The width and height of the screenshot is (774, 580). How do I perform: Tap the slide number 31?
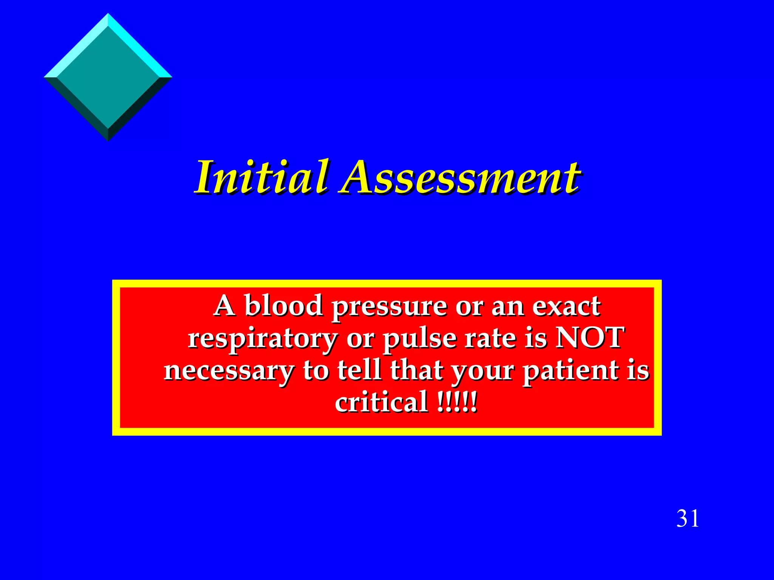tap(687, 518)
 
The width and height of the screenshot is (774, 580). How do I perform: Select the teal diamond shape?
tap(108, 77)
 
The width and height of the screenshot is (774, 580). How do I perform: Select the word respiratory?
tap(263, 339)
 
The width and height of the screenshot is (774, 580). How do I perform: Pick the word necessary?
tap(229, 371)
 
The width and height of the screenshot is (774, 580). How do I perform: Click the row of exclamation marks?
tap(457, 403)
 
